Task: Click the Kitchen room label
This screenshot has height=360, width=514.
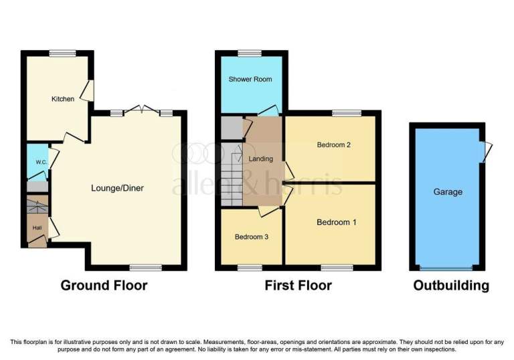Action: click(63, 98)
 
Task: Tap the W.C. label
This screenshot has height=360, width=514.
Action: click(41, 162)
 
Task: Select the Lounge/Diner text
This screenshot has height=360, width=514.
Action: click(117, 188)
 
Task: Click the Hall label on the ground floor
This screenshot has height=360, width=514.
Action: click(37, 228)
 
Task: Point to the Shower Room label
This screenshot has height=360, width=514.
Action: click(250, 79)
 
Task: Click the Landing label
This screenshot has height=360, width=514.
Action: click(260, 159)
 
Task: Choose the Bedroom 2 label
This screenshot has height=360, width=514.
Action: click(334, 145)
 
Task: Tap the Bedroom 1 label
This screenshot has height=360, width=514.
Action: click(337, 222)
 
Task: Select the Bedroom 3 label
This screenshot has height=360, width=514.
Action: click(252, 237)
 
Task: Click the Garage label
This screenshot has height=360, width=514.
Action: click(448, 192)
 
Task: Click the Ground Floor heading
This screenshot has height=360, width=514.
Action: click(104, 285)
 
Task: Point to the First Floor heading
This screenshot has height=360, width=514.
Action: click(298, 285)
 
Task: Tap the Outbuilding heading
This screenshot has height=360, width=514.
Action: click(451, 285)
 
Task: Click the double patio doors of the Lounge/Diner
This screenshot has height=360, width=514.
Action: click(142, 110)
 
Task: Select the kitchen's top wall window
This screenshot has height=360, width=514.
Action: click(63, 53)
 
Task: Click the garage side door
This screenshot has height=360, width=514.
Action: click(485, 152)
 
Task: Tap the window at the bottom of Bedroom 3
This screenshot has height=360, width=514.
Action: click(250, 268)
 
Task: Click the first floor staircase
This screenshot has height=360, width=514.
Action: click(232, 175)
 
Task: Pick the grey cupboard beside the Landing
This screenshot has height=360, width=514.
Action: click(232, 128)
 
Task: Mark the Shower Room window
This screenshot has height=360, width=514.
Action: click(250, 53)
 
